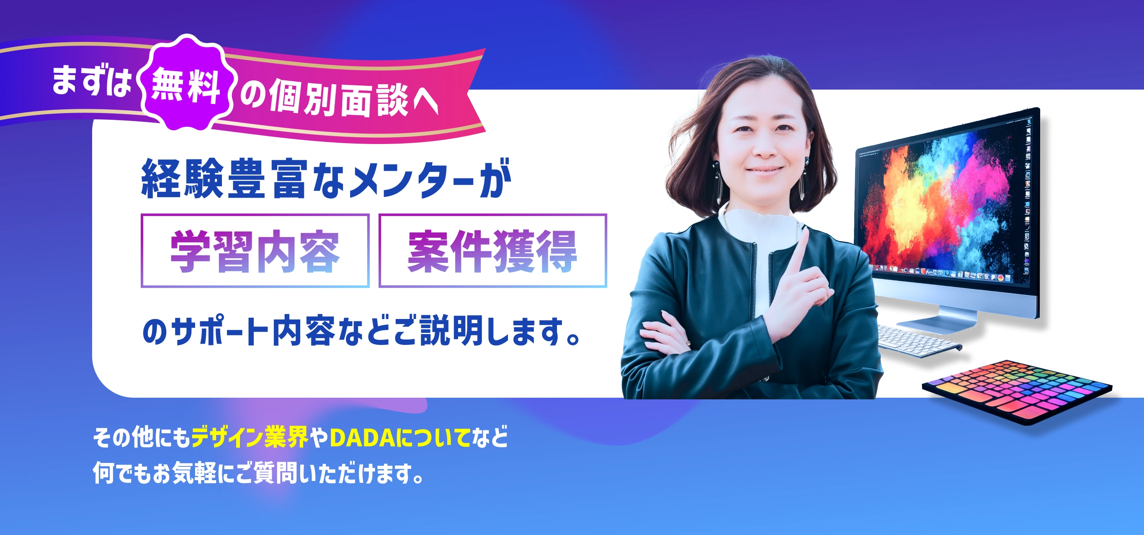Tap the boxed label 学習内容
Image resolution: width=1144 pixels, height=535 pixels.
255,251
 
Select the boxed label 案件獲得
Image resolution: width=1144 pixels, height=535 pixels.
492,251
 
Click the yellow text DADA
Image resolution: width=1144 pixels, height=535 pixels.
362,437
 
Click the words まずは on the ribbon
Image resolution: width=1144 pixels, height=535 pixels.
91,80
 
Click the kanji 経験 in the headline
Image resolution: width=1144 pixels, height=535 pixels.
182,178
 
